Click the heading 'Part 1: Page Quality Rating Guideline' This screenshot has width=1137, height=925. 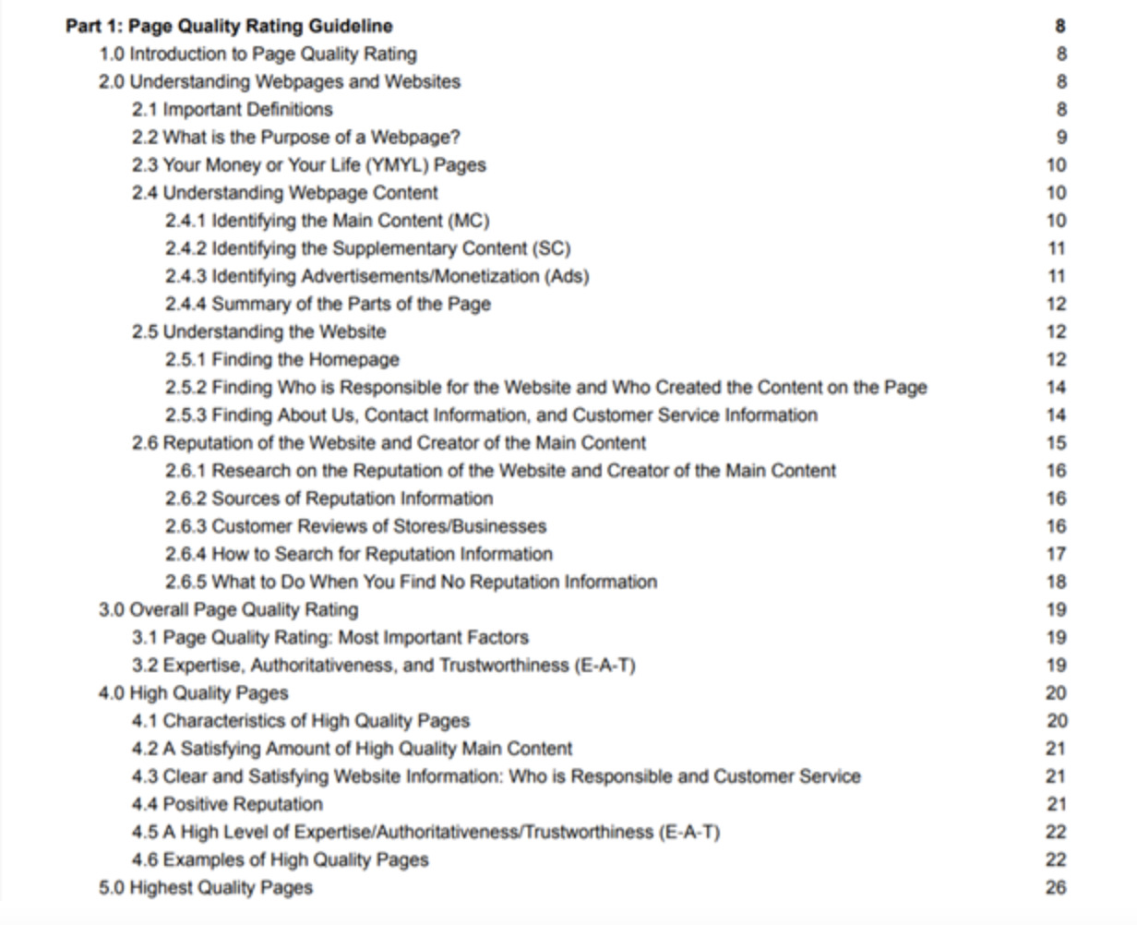[x=229, y=26]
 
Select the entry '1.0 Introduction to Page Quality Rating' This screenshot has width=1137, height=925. [x=257, y=54]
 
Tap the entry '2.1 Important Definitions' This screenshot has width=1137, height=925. [x=232, y=109]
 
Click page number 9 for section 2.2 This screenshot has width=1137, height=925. [x=1061, y=138]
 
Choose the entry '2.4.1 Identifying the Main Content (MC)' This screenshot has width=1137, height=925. [x=328, y=221]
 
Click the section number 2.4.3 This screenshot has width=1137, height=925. [x=186, y=276]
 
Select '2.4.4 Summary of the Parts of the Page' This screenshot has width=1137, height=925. [x=328, y=304]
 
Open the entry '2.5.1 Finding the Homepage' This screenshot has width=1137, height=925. [x=282, y=359]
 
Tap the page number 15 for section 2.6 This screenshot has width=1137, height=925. [x=1057, y=443]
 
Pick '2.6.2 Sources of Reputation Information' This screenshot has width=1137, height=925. [x=329, y=499]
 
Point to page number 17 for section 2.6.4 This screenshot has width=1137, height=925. [x=1057, y=554]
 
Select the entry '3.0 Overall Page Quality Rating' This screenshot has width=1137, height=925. [x=228, y=609]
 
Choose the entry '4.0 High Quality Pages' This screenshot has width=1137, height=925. [x=194, y=693]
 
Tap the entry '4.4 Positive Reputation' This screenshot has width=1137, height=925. [x=227, y=804]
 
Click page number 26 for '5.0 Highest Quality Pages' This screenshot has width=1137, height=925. [x=1057, y=887]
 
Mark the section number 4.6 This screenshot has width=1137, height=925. [x=145, y=859]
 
